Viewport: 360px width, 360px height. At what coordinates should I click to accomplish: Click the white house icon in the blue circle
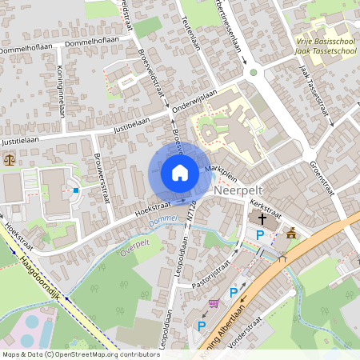pyautogui.click(x=179, y=173)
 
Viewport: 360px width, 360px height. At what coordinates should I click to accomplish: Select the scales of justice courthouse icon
pyautogui.click(x=10, y=159)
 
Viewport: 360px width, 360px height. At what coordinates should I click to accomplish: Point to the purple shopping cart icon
pyautogui.click(x=214, y=303)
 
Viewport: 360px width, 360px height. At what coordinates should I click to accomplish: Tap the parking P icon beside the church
pyautogui.click(x=259, y=235)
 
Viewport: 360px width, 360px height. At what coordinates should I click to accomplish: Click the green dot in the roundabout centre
pyautogui.click(x=254, y=72)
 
